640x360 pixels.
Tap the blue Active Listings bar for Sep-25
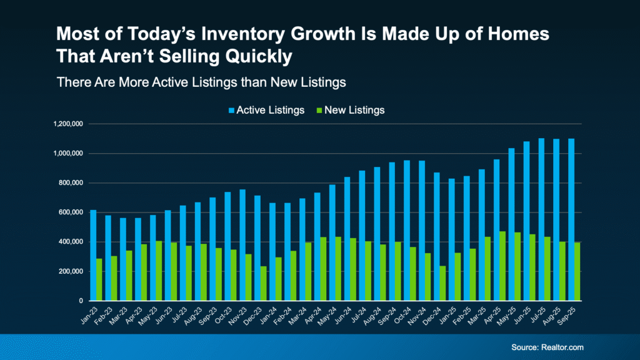pyautogui.click(x=571, y=219)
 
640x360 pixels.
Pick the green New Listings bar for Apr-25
pyautogui.click(x=502, y=266)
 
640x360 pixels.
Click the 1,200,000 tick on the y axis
pyautogui.click(x=69, y=124)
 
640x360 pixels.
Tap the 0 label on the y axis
pyautogui.click(x=81, y=301)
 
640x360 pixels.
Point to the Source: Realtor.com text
pyautogui.click(x=543, y=347)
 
